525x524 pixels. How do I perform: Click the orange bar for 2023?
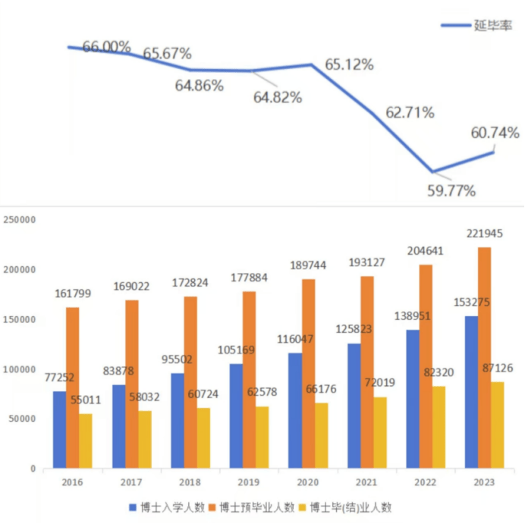483,357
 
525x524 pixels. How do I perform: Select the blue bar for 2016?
59,429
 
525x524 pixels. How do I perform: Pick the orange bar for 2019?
249,379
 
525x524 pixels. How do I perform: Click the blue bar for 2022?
413,398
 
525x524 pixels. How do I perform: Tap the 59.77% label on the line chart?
451,191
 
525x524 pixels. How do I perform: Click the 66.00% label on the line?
106,47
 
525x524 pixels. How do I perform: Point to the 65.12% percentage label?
349,64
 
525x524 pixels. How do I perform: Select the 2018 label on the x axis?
191,482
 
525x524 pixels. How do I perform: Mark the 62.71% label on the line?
410,113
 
